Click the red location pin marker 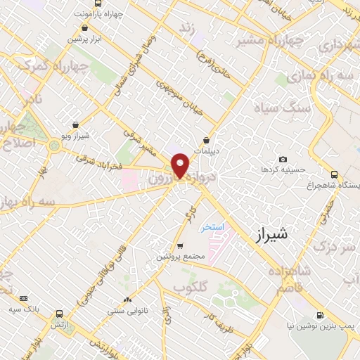pos(181,165)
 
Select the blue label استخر pos(212,227)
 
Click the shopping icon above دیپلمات pos(206,140)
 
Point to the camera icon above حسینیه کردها pos(283,160)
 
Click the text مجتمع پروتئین pos(181,257)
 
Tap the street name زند pos(187,27)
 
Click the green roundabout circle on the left pos(55,147)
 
